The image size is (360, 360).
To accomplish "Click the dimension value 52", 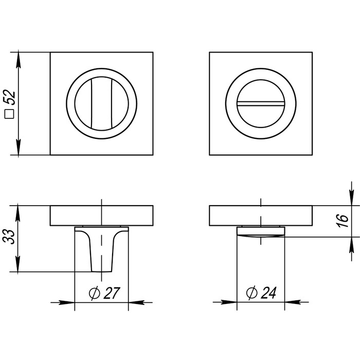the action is pos(10,98).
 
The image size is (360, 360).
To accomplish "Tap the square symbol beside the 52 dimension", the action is pos(9,114).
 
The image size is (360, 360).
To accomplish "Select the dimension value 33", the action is pos(9,237).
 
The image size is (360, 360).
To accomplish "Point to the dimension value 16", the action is pos(343,221).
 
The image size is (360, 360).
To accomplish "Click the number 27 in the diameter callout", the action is pos(112,293).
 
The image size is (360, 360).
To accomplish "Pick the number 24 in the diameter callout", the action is pos(268,293).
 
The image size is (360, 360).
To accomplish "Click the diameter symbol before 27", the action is pos(94,293).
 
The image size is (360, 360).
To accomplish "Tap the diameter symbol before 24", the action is pos(251,293).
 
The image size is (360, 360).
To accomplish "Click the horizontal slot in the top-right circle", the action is pos(261,103).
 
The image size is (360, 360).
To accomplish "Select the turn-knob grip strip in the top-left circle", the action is pos(101,103).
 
